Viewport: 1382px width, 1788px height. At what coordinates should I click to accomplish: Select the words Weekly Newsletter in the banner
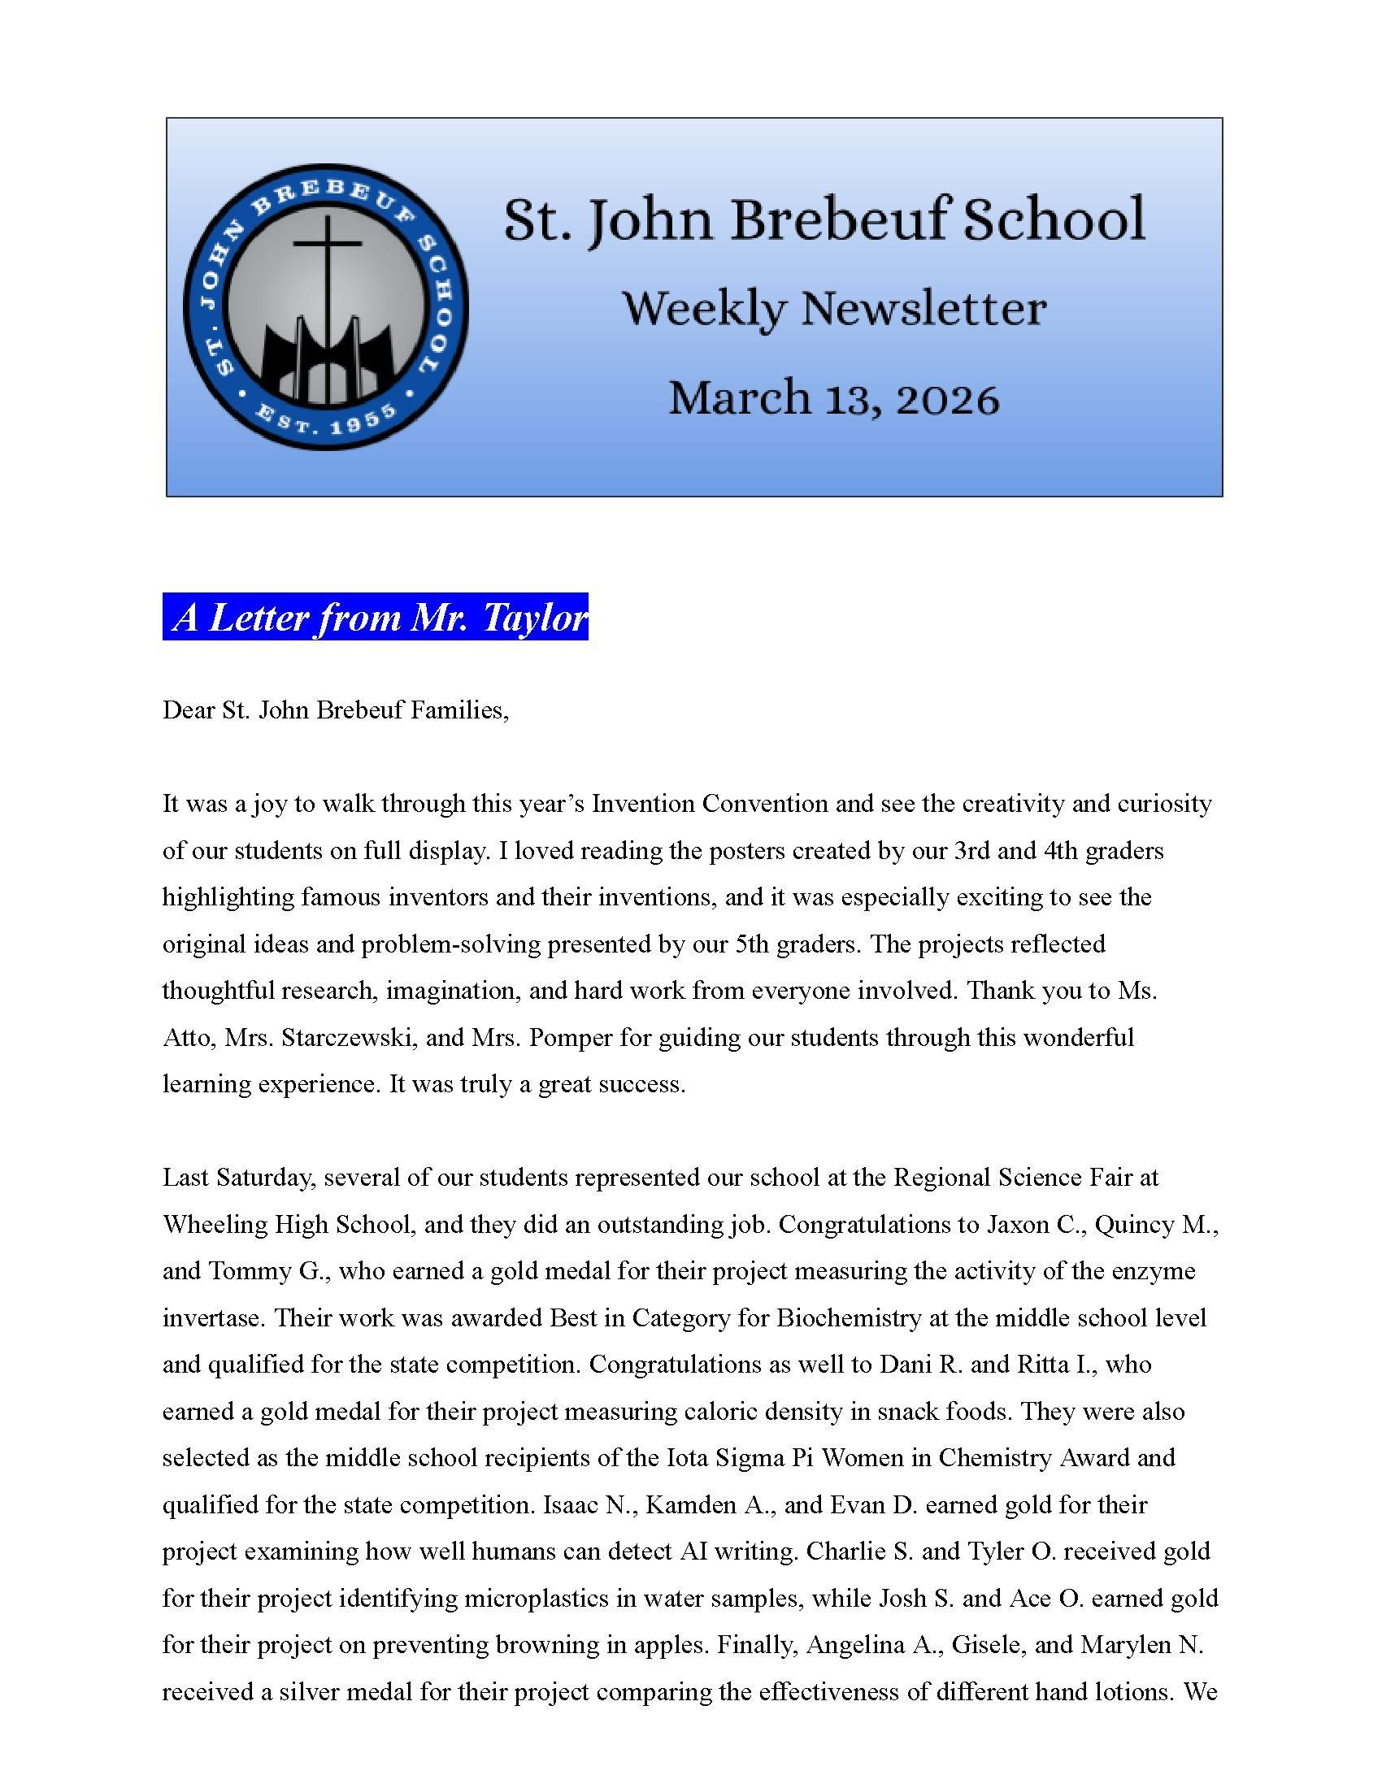point(833,310)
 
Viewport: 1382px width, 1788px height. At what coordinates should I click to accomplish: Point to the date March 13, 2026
point(833,399)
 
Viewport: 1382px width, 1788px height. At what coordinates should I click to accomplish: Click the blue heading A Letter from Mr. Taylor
point(375,618)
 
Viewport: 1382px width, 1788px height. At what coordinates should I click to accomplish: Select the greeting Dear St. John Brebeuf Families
point(336,710)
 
